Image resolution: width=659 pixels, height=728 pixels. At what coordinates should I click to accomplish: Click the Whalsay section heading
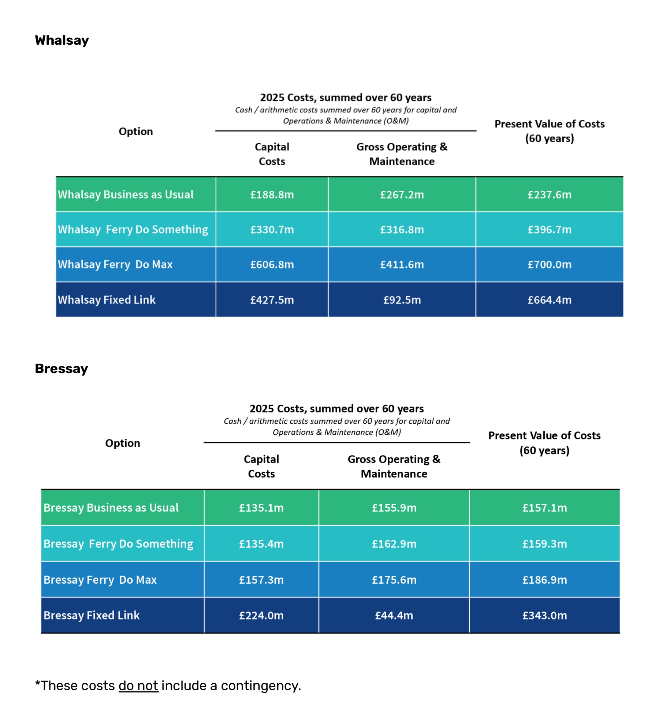[62, 40]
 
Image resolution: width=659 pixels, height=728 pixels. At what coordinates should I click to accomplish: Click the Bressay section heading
[62, 368]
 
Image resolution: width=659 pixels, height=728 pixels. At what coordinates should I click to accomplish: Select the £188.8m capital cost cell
[272, 194]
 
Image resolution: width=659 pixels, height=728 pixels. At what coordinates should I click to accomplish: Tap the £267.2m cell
[402, 194]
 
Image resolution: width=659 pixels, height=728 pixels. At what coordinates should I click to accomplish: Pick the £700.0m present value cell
[550, 264]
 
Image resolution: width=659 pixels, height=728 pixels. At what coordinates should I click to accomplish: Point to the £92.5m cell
[402, 300]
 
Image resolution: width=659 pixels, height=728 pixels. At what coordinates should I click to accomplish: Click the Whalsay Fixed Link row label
[107, 300]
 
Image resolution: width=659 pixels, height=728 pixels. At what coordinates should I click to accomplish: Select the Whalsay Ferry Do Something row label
[133, 230]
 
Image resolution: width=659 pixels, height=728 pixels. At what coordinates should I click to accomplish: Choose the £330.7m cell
[272, 230]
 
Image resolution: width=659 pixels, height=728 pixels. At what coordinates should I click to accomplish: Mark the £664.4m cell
[550, 300]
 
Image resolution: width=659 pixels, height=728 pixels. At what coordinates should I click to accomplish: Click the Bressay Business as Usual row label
[111, 508]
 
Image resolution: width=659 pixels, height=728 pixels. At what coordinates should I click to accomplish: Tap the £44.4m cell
[394, 616]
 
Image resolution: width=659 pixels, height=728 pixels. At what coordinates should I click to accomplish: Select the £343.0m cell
[545, 616]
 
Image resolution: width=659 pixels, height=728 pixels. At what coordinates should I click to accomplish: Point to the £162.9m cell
[394, 544]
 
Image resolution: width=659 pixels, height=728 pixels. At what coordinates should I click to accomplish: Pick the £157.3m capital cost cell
[261, 580]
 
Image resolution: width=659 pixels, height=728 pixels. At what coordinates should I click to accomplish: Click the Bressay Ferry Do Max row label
[100, 580]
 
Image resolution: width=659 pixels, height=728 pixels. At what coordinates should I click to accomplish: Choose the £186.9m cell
[545, 580]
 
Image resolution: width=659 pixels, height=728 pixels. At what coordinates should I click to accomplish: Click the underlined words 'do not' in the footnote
[138, 686]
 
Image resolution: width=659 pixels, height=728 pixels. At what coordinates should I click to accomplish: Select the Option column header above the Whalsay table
[136, 131]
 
